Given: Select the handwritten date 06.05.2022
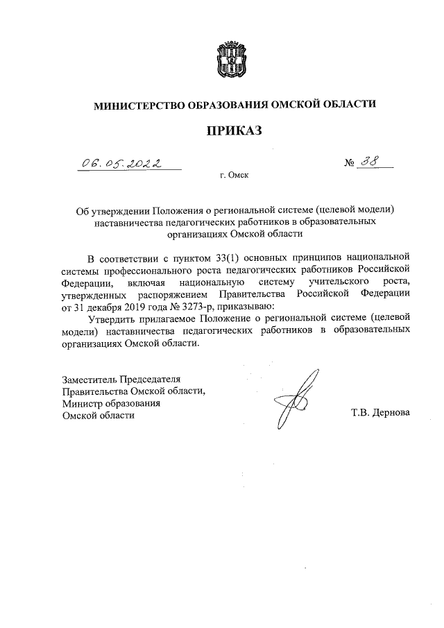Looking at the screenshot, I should [x=117, y=164].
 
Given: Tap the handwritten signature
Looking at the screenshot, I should [x=296, y=399].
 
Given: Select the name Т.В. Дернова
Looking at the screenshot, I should [x=381, y=413].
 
